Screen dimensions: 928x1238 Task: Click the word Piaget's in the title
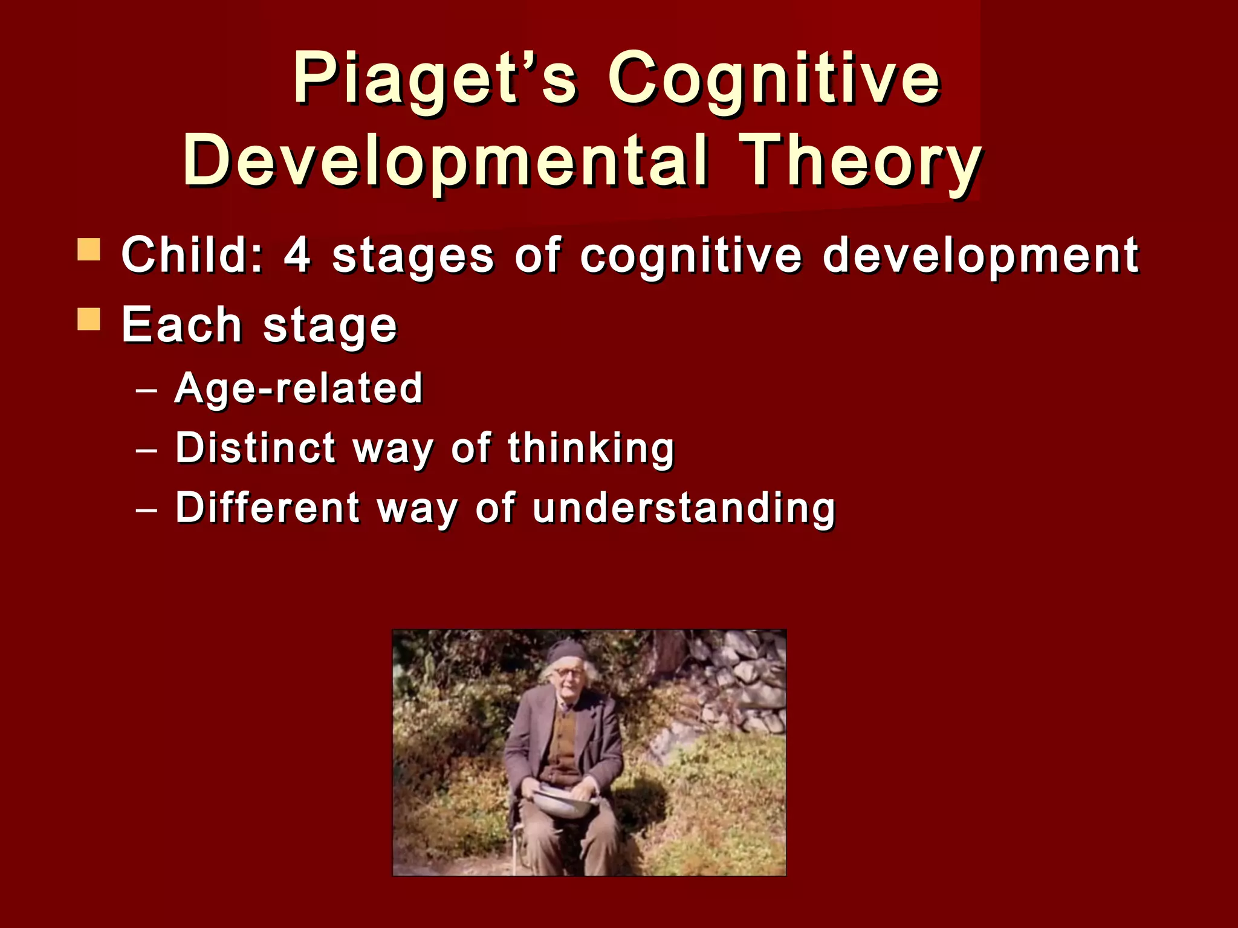[435, 80]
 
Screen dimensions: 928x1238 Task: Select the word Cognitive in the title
[774, 80]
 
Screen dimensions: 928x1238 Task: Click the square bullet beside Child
[89, 249]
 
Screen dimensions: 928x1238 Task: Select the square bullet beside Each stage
[89, 319]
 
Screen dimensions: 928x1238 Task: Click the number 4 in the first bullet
[297, 255]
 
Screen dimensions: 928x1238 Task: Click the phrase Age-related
[299, 388]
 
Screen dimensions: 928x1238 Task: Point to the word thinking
[591, 449]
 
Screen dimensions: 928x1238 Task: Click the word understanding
[684, 507]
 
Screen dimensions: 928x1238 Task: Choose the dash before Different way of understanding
[147, 511]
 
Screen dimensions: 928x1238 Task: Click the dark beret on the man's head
[567, 651]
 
